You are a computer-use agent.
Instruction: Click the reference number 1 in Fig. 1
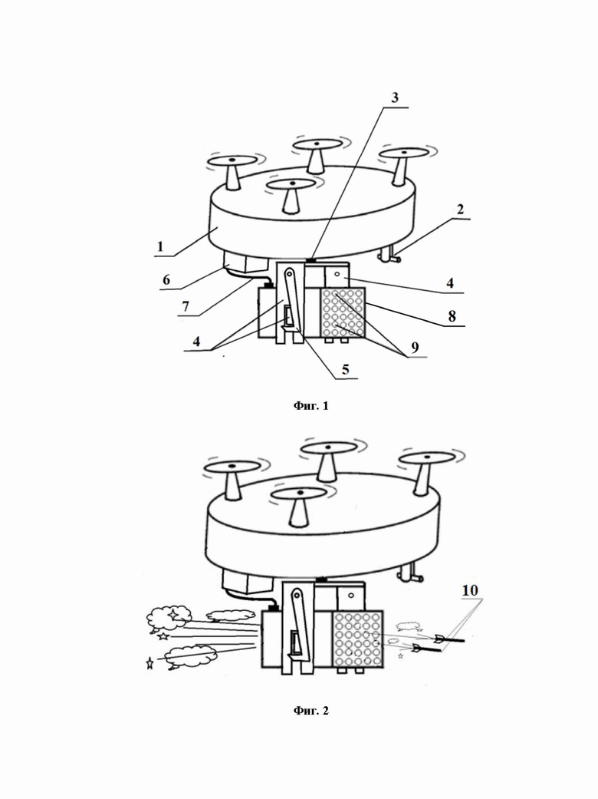tap(160, 246)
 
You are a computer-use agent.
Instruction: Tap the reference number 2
tap(460, 210)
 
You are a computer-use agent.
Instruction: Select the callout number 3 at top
tap(395, 97)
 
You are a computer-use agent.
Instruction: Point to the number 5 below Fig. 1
tap(346, 369)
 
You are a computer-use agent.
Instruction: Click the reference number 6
tap(166, 279)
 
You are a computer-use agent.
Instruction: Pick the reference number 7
tap(186, 306)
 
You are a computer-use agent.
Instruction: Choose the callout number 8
tap(452, 316)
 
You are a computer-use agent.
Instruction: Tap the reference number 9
tap(416, 348)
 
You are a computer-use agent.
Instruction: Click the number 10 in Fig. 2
tap(470, 590)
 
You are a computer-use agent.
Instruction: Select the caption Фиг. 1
tap(311, 405)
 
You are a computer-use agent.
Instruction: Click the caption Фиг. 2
tap(311, 710)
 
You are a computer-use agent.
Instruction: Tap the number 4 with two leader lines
tap(196, 342)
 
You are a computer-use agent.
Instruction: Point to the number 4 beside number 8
tap(450, 283)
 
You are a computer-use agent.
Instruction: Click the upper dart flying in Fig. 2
tap(449, 639)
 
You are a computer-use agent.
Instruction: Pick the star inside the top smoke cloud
tap(173, 614)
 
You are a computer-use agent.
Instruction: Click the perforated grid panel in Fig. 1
tap(343, 312)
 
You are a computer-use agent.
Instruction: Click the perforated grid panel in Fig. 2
tap(358, 639)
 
